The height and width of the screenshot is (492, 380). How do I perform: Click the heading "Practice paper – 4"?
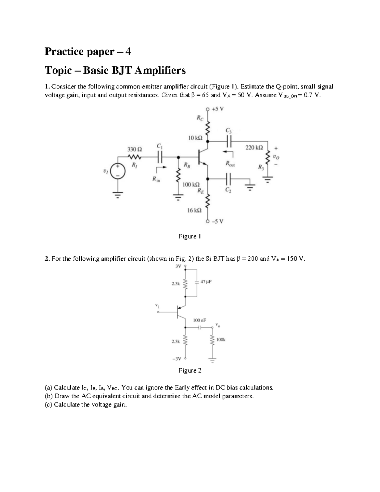point(88,51)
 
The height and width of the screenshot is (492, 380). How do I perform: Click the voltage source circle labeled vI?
point(118,171)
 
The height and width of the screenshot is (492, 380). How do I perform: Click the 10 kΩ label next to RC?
point(195,138)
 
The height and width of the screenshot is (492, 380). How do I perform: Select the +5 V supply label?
point(218,109)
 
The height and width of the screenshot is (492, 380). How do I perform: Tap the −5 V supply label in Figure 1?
point(218,221)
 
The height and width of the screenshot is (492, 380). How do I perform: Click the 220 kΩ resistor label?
point(254,148)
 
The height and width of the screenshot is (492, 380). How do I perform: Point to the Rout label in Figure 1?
point(230,164)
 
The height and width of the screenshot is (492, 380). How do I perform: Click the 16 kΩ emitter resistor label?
point(194,210)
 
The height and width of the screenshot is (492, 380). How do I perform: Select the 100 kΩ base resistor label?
point(191,184)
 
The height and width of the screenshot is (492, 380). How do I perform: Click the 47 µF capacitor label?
point(206,281)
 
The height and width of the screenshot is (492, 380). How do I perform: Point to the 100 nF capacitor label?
point(199,320)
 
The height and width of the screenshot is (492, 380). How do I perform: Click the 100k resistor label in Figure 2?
point(221,340)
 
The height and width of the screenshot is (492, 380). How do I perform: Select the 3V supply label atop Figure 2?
point(178,266)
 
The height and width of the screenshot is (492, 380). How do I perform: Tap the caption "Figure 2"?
point(190,370)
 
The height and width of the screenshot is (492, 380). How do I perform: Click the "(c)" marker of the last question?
point(49,405)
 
